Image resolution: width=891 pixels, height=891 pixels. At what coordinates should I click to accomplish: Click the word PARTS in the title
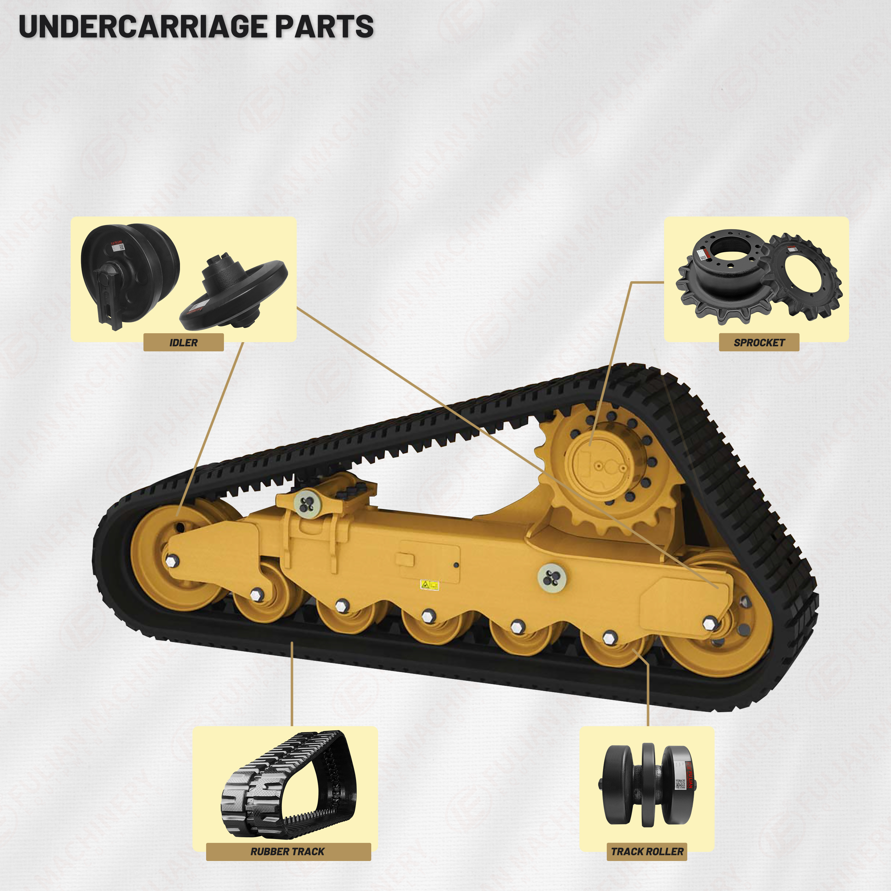click(324, 27)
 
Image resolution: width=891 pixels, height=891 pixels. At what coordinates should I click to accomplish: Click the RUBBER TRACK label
click(288, 851)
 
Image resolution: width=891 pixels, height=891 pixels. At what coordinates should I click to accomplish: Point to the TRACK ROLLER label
click(647, 851)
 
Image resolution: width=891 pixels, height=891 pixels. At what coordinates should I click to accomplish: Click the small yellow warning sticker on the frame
click(429, 585)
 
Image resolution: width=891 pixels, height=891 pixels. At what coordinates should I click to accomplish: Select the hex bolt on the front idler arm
click(172, 561)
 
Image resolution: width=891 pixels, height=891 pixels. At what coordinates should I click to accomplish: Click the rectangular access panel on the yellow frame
click(429, 560)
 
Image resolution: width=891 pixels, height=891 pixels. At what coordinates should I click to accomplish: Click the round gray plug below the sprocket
click(552, 577)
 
